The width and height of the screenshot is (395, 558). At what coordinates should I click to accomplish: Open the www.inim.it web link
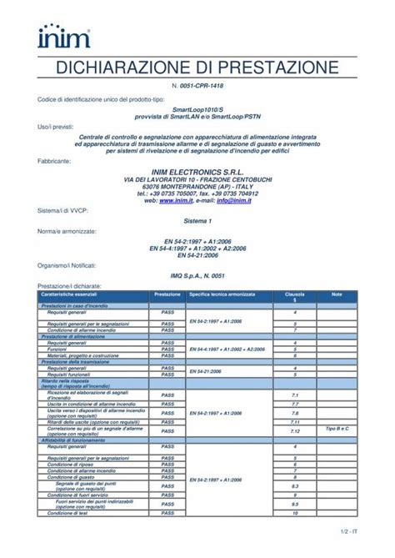click(x=177, y=200)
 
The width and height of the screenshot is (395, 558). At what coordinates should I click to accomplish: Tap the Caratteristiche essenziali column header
click(x=69, y=294)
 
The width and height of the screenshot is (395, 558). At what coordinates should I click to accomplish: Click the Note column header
click(x=337, y=294)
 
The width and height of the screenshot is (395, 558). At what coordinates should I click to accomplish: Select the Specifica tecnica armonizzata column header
click(x=222, y=294)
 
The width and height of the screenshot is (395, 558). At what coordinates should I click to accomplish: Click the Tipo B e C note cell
click(x=337, y=428)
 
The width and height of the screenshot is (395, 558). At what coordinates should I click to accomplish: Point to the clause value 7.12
click(x=295, y=431)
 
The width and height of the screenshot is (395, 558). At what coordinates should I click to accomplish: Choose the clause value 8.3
click(x=295, y=485)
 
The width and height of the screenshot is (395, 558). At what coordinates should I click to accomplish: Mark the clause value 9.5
click(x=295, y=504)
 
